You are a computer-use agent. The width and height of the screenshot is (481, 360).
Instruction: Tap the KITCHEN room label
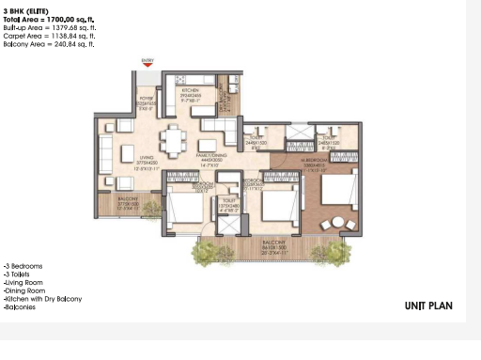[x=190, y=91]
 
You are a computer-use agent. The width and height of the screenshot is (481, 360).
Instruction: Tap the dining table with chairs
[x=173, y=140]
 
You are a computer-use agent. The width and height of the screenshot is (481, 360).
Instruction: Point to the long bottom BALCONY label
[x=273, y=242]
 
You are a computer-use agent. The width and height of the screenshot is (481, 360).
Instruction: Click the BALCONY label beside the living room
[x=128, y=199]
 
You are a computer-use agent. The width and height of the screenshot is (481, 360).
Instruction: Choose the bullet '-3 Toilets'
[x=21, y=274]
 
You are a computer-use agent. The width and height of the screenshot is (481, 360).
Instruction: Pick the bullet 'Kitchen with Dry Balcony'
[x=43, y=299]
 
